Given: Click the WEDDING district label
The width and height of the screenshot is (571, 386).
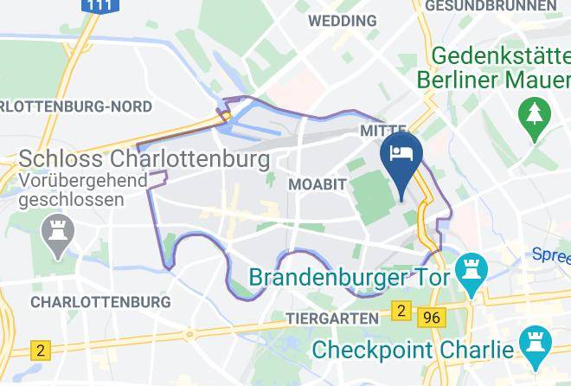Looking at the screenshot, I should [x=342, y=20].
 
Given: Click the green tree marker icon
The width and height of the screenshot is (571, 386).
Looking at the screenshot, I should [x=529, y=112].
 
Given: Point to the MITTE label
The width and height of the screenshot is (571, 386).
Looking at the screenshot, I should [x=382, y=130].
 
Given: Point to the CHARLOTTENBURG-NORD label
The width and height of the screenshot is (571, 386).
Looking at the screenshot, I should [x=76, y=106].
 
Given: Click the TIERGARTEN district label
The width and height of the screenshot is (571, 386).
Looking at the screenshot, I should [x=332, y=318].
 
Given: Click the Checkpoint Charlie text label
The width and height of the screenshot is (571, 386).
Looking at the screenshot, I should [x=414, y=350].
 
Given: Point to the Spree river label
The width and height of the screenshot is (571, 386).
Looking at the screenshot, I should [x=550, y=254].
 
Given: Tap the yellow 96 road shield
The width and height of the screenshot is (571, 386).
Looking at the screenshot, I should [x=431, y=318].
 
